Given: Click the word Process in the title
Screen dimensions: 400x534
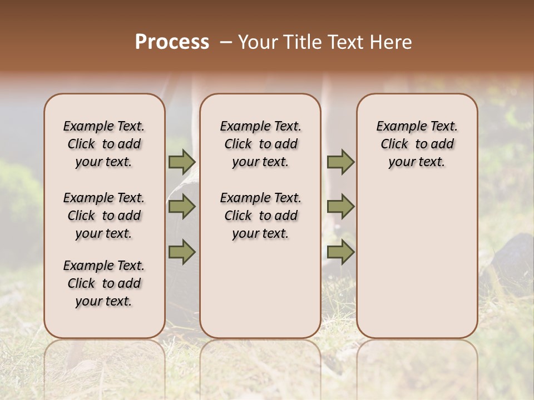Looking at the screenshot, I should [172, 42].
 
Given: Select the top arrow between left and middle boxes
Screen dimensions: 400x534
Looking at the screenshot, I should [182, 162].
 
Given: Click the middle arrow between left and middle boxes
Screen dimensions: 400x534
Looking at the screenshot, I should [182, 207].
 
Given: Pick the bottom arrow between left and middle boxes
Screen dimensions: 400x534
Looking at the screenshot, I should [182, 252].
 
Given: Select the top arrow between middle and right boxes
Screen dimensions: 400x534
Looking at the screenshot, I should [340, 162].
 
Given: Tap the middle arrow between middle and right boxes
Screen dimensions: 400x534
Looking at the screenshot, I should [340, 207].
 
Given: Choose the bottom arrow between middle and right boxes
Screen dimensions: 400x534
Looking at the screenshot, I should [340, 252].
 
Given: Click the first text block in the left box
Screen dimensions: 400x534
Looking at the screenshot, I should [104, 144].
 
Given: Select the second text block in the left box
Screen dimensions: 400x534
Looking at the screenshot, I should [104, 216].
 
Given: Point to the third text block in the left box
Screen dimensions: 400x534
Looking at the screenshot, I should [104, 283].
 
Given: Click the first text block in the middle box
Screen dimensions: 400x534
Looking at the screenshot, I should [260, 144].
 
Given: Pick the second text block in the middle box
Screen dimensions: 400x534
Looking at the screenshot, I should [260, 216].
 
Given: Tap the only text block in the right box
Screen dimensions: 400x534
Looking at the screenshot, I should [417, 144].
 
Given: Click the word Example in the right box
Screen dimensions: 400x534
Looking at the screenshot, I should [396, 127].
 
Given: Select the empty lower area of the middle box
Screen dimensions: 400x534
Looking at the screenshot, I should [260, 289].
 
